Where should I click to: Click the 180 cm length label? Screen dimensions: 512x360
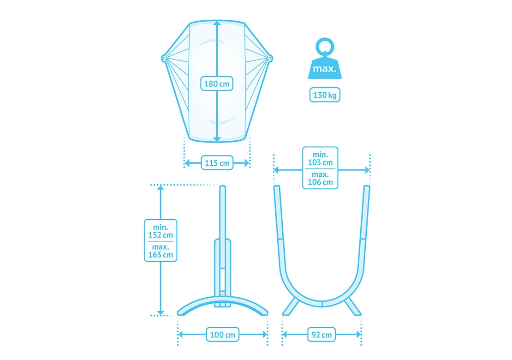pyautogui.click(x=217, y=84)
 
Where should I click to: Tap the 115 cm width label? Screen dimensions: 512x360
pyautogui.click(x=217, y=162)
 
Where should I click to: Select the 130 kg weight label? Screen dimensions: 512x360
pyautogui.click(x=325, y=95)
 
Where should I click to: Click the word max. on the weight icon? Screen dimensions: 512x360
pyautogui.click(x=325, y=69)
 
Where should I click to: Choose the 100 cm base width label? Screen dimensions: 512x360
pyautogui.click(x=222, y=335)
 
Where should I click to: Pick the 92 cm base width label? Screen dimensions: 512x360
pyautogui.click(x=321, y=335)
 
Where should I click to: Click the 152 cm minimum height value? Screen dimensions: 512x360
pyautogui.click(x=161, y=235)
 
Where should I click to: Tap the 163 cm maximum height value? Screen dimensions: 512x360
pyautogui.click(x=161, y=255)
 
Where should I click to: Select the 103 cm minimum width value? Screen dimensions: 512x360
pyautogui.click(x=320, y=162)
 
